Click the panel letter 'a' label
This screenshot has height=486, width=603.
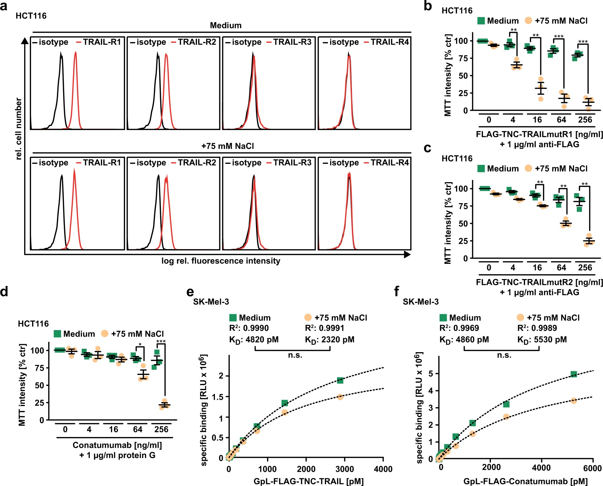click(x=4, y=6)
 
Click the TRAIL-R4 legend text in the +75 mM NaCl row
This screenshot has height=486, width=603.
click(x=389, y=162)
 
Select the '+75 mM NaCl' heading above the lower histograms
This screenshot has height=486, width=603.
click(x=228, y=146)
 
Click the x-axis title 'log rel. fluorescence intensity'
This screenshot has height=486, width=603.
click(x=221, y=261)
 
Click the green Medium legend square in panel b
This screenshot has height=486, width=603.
click(x=481, y=21)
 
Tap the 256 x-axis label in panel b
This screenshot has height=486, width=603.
click(x=585, y=120)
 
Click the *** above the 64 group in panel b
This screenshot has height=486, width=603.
click(x=558, y=37)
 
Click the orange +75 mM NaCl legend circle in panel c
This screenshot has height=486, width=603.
click(x=528, y=168)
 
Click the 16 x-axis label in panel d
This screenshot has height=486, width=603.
click(x=113, y=429)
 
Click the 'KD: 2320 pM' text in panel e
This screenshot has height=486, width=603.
click(x=329, y=340)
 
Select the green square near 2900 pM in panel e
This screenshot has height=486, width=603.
click(x=340, y=380)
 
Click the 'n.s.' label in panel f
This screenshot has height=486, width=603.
click(x=504, y=355)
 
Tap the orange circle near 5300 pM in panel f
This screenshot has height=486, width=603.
click(x=574, y=400)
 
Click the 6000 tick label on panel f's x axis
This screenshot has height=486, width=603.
click(x=592, y=468)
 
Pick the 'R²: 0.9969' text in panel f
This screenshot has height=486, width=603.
click(x=459, y=328)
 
